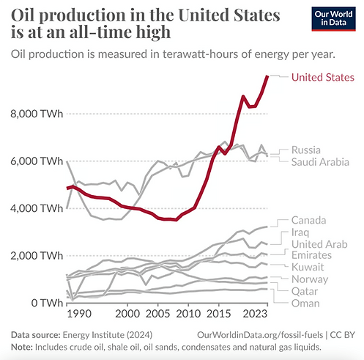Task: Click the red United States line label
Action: (322, 77)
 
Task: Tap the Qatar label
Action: (306, 290)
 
